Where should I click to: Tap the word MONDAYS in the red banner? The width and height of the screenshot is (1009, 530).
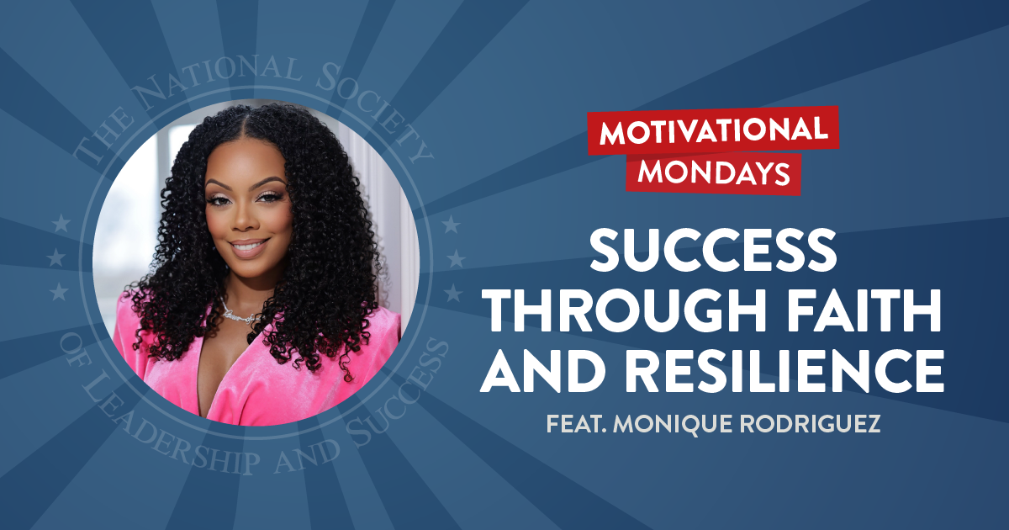click(715, 171)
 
